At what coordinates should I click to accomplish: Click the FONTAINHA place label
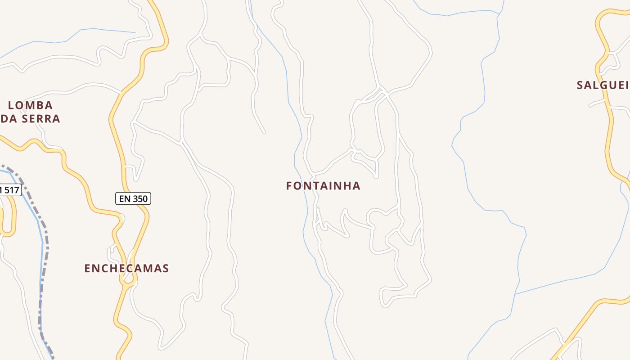click(323, 186)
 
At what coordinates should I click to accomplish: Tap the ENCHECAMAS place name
click(126, 269)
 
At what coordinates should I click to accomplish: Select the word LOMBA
click(31, 105)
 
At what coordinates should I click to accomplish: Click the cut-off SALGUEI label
click(603, 85)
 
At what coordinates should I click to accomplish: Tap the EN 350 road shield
click(133, 198)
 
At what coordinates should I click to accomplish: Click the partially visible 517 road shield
click(10, 190)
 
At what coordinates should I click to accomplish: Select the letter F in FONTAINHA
click(289, 186)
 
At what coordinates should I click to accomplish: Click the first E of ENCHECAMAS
click(87, 269)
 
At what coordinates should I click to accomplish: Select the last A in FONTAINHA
click(356, 186)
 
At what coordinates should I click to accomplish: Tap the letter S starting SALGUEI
click(580, 85)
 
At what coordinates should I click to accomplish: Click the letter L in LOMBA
click(12, 105)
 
